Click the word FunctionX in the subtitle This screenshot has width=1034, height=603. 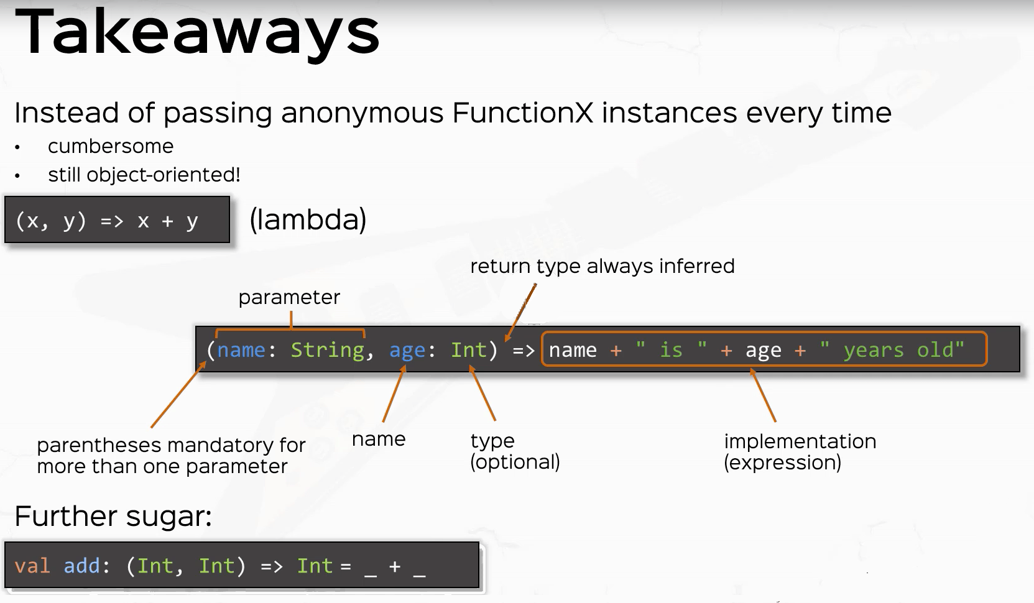pos(523,113)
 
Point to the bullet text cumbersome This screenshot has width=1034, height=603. pos(111,146)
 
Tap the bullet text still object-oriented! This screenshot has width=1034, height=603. pos(144,175)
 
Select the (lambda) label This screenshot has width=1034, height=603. pos(308,219)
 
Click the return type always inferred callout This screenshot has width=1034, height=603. pos(602,266)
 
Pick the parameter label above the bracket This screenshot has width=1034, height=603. pos(289,297)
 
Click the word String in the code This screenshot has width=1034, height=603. pos(327,350)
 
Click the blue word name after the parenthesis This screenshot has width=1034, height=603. pos(241,350)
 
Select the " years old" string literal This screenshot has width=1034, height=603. pos(892,350)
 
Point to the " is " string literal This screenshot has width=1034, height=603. pos(671,350)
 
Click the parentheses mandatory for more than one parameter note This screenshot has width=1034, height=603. pos(170,456)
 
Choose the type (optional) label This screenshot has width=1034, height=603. pos(515,451)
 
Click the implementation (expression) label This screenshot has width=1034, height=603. pos(800,452)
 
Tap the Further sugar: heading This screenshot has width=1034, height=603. pos(113,516)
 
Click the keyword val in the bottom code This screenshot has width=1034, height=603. pos(32,566)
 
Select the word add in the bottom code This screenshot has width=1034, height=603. pos(81,566)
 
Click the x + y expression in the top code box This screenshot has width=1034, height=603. pos(167,221)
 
